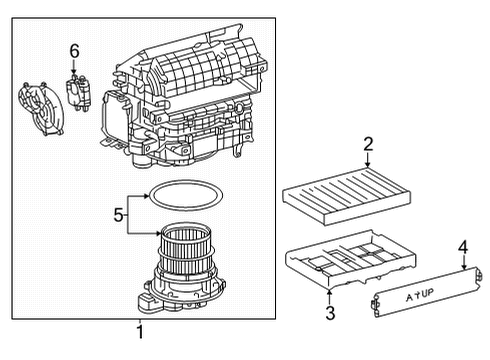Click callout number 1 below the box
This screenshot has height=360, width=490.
[x=140, y=332]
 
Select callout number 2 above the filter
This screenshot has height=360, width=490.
[x=367, y=144]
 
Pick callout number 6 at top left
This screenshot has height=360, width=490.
[x=73, y=50]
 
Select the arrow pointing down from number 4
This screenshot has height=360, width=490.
[x=464, y=263]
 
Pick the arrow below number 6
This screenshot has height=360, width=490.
[x=73, y=66]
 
